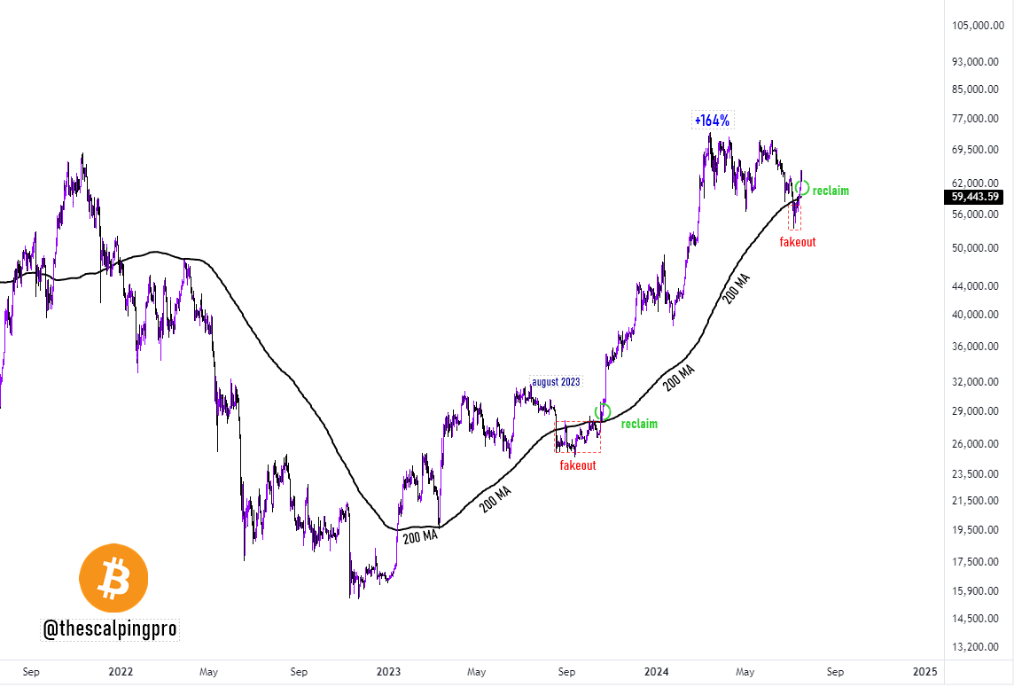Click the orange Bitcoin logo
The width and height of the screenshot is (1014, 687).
[x=113, y=578]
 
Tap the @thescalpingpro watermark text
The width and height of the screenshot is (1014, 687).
[x=111, y=629]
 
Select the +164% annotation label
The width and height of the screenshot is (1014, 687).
[x=713, y=121]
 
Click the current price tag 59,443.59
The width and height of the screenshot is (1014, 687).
[x=975, y=197]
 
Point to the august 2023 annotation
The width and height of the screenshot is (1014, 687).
[x=556, y=382]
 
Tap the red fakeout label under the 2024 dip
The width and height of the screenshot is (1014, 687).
[x=798, y=241]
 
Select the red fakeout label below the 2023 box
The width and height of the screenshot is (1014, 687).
[x=578, y=465]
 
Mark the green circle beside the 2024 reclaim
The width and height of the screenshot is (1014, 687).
[x=802, y=188]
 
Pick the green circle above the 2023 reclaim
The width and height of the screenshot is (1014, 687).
[x=604, y=411]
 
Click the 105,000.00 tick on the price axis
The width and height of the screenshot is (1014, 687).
[x=978, y=26]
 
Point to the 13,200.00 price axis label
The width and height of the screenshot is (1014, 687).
[x=978, y=647]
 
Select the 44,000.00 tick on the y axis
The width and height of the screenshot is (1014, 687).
[x=978, y=286]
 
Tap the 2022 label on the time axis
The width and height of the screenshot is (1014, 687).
[x=121, y=672]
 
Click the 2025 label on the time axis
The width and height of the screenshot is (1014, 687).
[x=924, y=672]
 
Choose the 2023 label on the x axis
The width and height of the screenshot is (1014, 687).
[x=388, y=672]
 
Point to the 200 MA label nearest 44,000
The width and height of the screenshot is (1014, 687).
[x=738, y=289]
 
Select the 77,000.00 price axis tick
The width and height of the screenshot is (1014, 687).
[x=978, y=119]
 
